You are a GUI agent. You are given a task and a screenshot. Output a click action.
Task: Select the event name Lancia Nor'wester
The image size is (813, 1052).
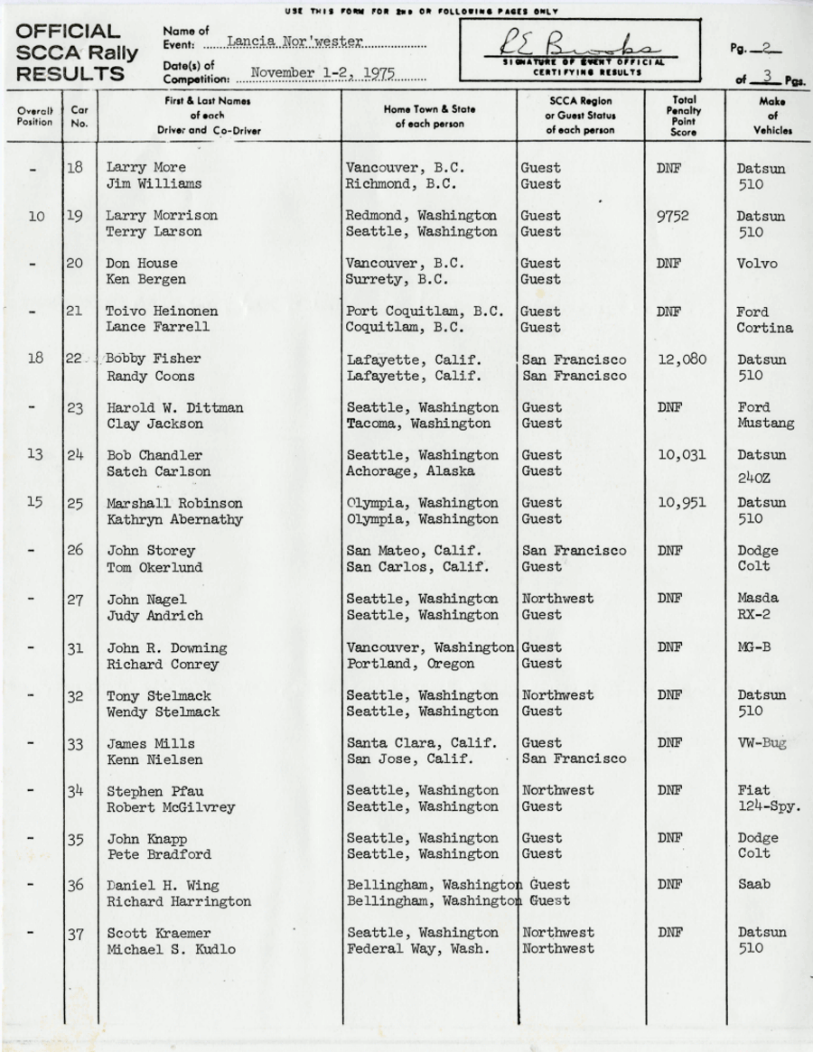294,42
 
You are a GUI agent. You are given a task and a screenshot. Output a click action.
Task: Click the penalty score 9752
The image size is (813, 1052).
672,216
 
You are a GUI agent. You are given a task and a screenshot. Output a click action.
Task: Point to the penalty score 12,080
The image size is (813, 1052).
681,359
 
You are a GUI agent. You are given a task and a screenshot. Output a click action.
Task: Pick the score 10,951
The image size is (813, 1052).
681,503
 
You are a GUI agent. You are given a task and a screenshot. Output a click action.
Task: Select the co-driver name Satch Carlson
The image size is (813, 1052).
158,471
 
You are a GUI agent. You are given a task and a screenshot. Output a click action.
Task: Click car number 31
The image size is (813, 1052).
76,647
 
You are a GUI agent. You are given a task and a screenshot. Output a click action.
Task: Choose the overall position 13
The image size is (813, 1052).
35,455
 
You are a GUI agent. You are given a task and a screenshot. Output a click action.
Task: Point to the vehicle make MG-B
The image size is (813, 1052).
754,647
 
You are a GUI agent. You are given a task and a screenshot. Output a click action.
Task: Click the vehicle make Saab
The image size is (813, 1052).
753,885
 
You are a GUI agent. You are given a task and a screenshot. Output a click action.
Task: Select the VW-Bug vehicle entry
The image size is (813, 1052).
762,743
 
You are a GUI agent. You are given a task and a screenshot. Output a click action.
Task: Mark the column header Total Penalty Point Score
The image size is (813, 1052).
683,116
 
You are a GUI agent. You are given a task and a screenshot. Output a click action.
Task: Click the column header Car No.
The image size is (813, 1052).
79,116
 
